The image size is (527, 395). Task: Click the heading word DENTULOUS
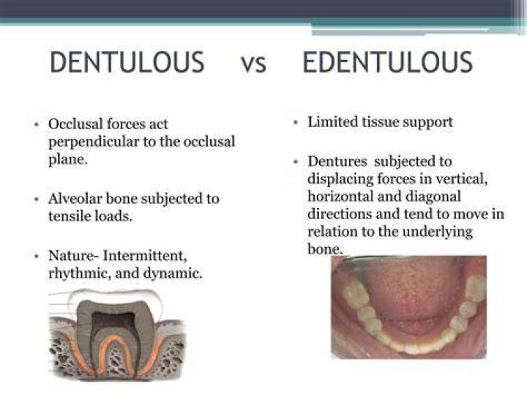[127, 62]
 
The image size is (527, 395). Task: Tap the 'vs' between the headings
[253, 64]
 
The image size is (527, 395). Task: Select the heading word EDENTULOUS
[387, 62]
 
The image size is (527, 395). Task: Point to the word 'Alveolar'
[75, 199]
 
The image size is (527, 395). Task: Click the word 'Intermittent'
[145, 256]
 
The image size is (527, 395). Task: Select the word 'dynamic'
[173, 273]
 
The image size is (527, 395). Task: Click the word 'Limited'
[333, 122]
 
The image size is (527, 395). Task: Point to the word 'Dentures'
[337, 161]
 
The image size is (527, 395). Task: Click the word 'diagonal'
[433, 197]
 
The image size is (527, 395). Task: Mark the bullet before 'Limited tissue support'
[296, 122]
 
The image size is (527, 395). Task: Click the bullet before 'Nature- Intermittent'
[37, 256]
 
